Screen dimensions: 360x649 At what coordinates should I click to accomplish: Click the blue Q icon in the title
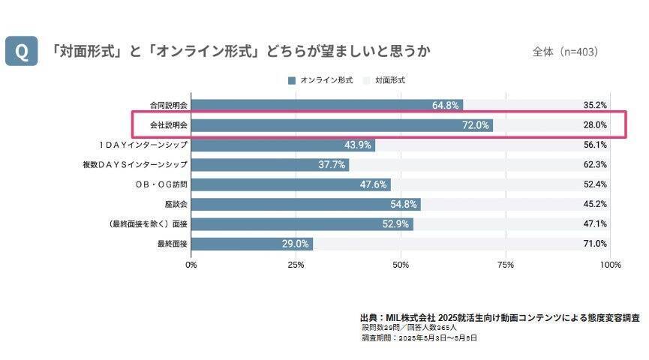(x=22, y=52)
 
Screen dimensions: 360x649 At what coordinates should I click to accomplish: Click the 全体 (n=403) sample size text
(x=564, y=52)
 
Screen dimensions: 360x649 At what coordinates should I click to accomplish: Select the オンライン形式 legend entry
(x=320, y=79)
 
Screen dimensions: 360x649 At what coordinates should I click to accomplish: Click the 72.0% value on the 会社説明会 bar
(x=476, y=125)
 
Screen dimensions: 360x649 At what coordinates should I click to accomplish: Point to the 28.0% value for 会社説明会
(x=595, y=125)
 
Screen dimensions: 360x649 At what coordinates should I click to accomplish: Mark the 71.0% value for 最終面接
(x=595, y=244)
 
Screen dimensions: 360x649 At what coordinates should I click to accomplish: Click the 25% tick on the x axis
(x=296, y=265)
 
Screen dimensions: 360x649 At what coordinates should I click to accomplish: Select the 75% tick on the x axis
(x=506, y=265)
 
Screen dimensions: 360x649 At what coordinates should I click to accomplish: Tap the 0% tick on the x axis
(x=191, y=265)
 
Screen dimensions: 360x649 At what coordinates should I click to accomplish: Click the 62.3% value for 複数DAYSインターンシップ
(x=595, y=164)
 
